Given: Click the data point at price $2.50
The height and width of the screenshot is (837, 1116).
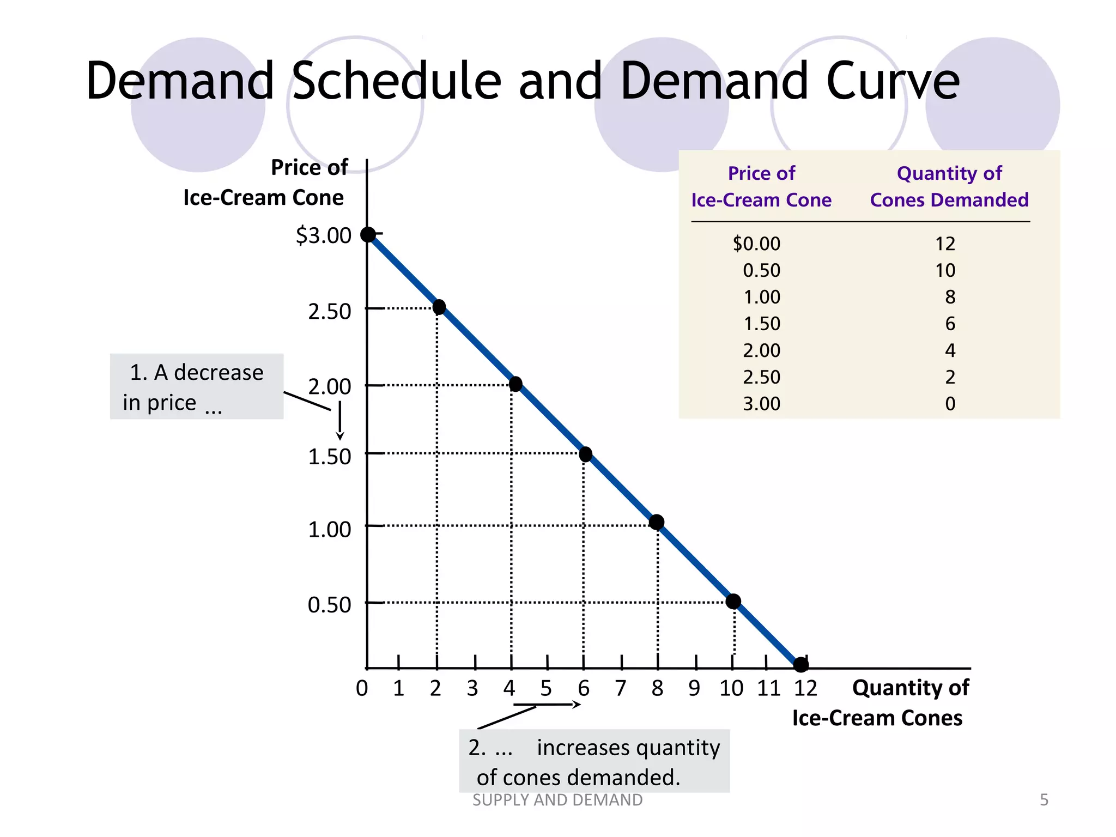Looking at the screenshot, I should pos(439,307).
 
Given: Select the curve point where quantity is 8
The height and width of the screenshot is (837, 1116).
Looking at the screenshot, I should pos(657,523).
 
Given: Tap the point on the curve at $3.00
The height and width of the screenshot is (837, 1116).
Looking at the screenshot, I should pos(368,234).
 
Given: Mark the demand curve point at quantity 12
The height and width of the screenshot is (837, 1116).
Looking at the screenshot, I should pos(800,664).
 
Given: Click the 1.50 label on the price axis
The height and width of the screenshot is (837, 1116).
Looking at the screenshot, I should pos(329,457).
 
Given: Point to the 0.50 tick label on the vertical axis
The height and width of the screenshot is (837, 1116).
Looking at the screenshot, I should pos(329,605).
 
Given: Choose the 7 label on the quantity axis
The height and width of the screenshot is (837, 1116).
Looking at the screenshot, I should pos(621,688).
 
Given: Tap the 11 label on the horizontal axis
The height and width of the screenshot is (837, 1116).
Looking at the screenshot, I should pos(768,688).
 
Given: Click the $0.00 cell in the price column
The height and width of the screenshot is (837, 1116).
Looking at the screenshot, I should pos(756,244).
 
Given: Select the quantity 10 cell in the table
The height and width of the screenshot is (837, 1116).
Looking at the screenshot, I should pos(945,270).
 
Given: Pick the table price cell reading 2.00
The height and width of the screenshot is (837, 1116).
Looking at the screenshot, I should pos(761,350).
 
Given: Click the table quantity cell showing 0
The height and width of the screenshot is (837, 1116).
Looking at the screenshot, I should pos(950,404).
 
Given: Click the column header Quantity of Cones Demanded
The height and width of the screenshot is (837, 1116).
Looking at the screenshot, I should pos(949,186).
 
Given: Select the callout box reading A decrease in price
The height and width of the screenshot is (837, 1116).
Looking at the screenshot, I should pos(197,386).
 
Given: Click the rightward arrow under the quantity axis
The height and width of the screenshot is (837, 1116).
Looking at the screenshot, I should pos(547,705).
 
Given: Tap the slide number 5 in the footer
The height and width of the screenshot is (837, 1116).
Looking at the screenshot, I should pos(1044,800).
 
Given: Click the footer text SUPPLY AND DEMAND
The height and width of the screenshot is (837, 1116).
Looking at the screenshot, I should pos(557,800).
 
